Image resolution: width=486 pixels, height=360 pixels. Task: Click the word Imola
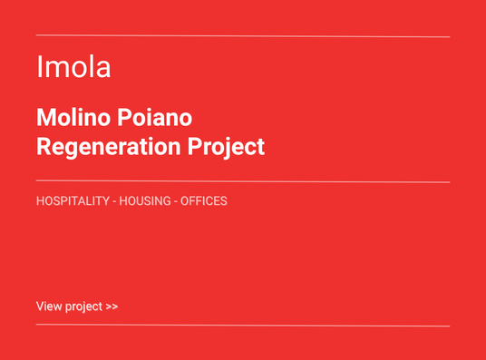73,66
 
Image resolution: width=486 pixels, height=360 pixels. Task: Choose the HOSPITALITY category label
73,200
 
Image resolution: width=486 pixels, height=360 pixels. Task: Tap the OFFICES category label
204,200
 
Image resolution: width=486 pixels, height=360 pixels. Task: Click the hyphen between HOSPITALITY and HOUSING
114,200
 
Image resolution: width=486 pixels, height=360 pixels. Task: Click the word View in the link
49,306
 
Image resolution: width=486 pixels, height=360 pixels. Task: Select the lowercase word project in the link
83,306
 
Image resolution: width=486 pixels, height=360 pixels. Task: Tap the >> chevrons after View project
112,306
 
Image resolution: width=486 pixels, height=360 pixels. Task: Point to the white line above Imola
243,36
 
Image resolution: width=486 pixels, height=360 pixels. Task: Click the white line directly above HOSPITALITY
243,182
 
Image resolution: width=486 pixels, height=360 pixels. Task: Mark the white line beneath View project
243,326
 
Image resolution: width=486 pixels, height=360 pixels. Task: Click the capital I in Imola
39,66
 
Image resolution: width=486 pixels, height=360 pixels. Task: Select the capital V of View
40,306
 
